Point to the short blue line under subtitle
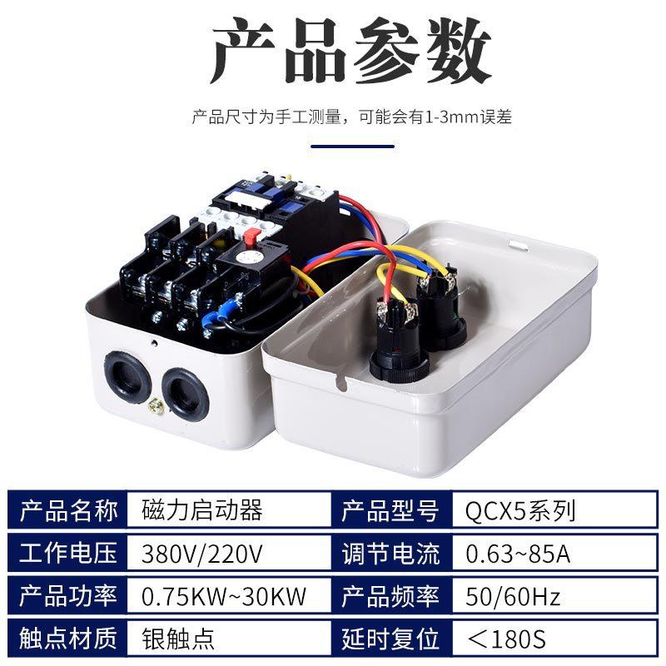(352, 147)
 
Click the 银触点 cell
(179, 639)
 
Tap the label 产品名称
(68, 509)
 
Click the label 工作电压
(68, 553)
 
